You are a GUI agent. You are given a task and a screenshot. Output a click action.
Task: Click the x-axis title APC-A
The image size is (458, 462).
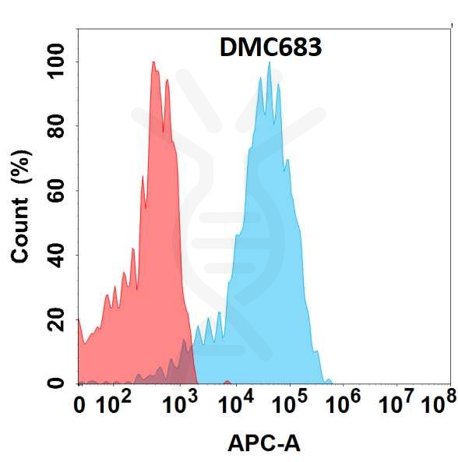264,443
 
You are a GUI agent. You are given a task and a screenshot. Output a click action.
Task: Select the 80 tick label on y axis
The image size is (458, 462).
57,126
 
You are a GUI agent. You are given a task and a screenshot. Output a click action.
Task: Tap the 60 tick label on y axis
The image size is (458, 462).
57,191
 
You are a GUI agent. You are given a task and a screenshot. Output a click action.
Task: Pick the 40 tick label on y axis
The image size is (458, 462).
57,255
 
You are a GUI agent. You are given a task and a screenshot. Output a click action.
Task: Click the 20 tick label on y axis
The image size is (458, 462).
57,319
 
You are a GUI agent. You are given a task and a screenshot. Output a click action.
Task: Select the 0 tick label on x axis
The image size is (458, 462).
79,404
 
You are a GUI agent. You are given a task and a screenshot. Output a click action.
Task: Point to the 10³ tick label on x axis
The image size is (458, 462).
180,403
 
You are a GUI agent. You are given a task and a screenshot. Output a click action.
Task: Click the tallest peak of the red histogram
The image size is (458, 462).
153,63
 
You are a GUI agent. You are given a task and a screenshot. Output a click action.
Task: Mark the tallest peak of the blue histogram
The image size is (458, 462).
269,63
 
